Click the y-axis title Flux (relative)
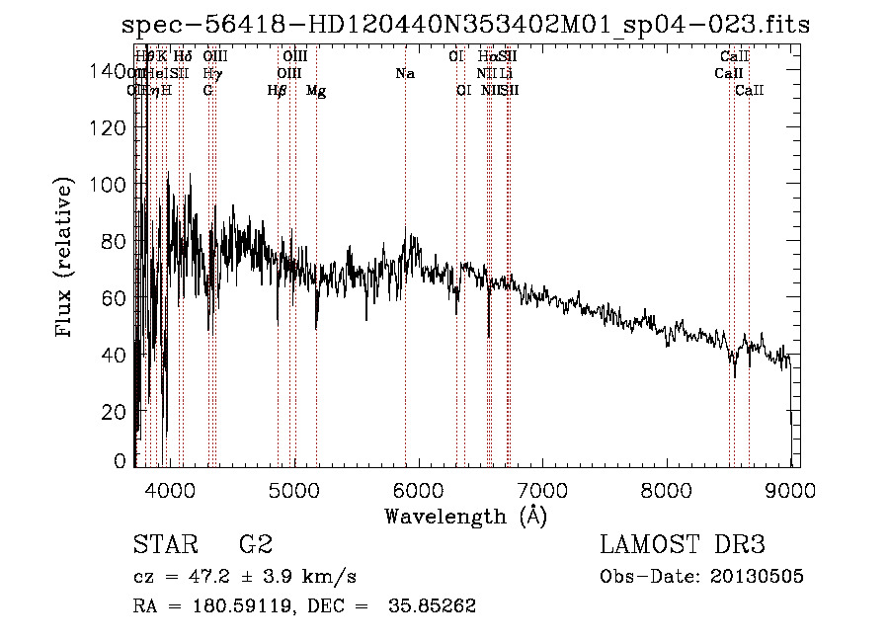pos(65,260)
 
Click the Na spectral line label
pos(405,73)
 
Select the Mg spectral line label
pos(316,91)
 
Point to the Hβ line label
pos(278,91)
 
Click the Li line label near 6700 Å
pos(505,73)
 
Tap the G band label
pos(207,91)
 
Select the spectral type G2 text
pos(256,545)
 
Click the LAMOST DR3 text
pos(683,545)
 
